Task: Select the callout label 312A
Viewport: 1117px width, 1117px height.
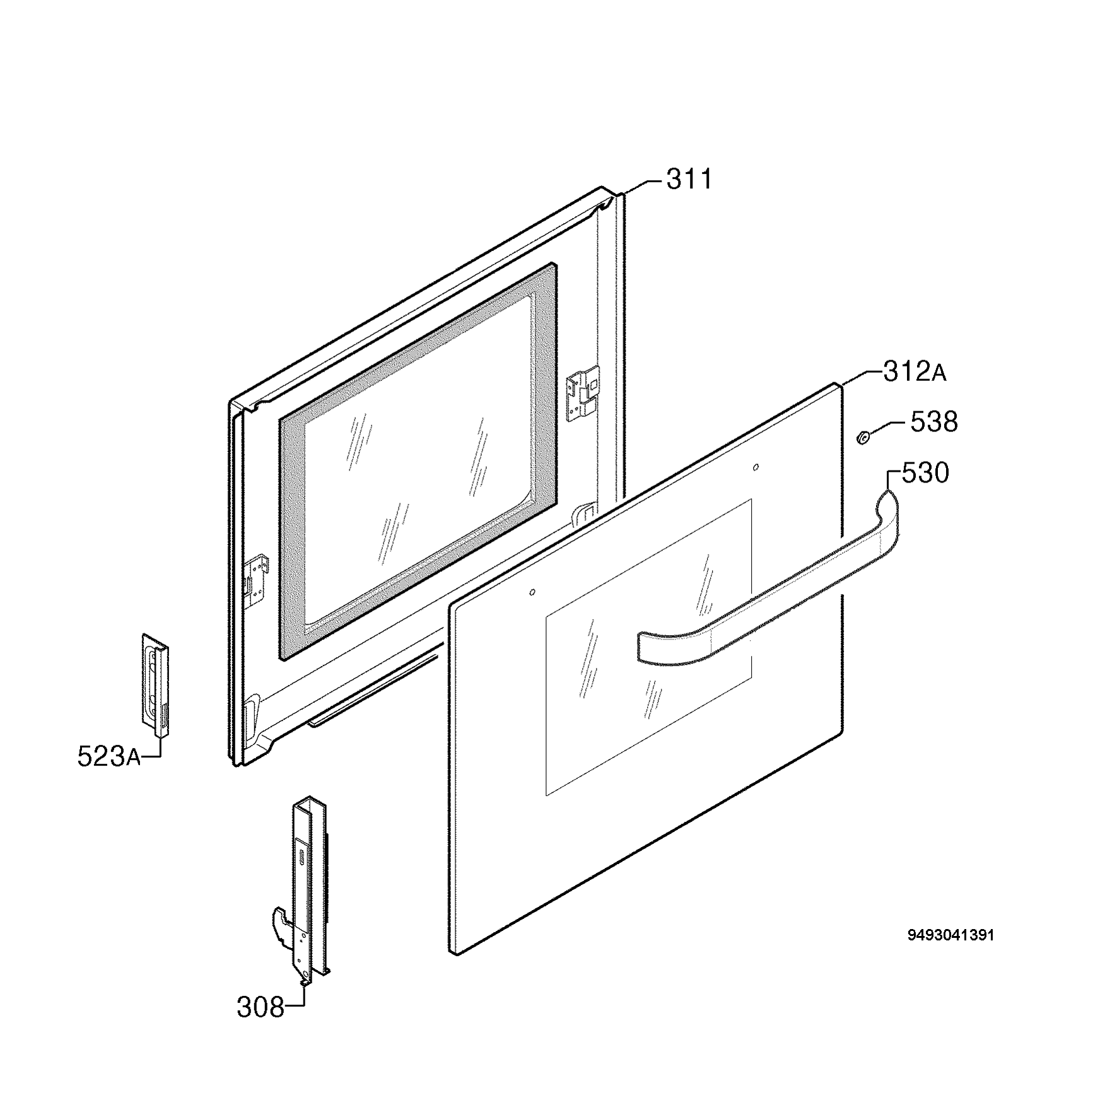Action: point(915,372)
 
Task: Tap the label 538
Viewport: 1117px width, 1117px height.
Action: point(933,422)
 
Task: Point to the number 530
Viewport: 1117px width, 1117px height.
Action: point(925,473)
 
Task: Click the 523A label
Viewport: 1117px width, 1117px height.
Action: point(109,756)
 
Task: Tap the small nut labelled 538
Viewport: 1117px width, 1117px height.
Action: point(862,435)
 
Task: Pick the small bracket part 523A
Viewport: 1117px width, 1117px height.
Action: point(155,685)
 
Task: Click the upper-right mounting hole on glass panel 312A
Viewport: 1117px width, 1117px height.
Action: point(756,467)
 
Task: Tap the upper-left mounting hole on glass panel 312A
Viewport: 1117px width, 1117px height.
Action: point(532,592)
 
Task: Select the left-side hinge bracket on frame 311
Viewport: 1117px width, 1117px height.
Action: point(257,576)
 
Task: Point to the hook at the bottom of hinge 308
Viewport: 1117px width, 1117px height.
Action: point(280,925)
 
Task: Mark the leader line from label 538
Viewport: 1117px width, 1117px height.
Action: point(886,428)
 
